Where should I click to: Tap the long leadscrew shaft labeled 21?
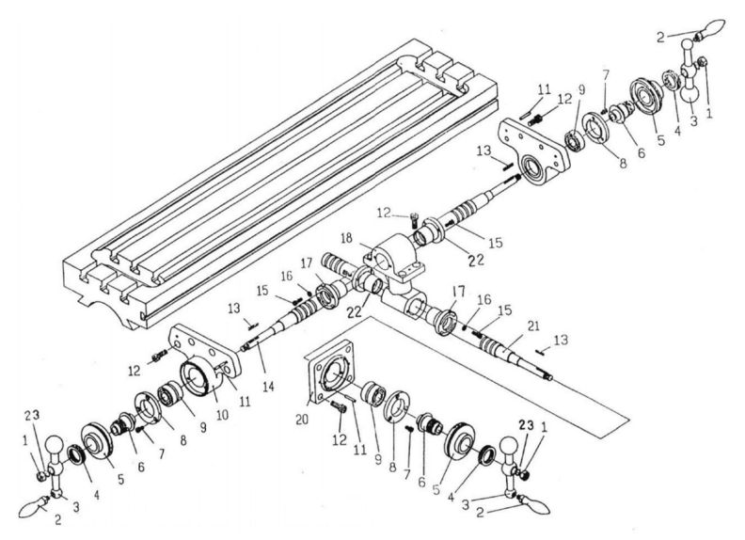click(513, 353)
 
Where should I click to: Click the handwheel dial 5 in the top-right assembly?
click(645, 99)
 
